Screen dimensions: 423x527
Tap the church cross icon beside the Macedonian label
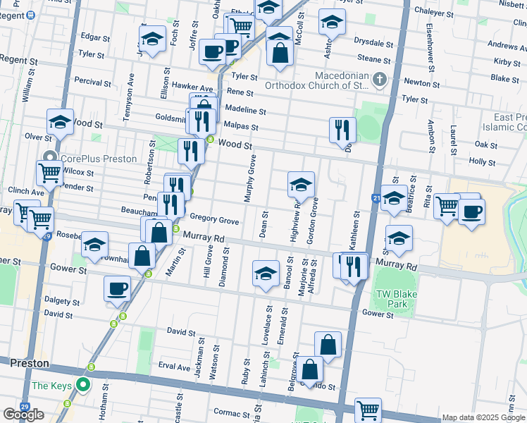pyautogui.click(x=380, y=79)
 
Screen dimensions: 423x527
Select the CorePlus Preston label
pyautogui.click(x=99, y=159)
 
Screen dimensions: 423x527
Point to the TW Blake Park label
pyautogui.click(x=392, y=300)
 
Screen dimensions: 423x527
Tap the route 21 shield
pyautogui.click(x=377, y=200)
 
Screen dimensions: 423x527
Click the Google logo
pyautogui.click(x=23, y=415)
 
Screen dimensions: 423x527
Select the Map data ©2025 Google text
pyautogui.click(x=483, y=417)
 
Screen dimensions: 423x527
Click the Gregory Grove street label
pyautogui.click(x=214, y=221)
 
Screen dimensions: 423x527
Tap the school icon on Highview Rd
pyautogui.click(x=301, y=185)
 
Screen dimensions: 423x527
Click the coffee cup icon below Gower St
pyautogui.click(x=117, y=288)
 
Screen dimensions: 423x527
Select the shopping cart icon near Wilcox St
pyautogui.click(x=49, y=172)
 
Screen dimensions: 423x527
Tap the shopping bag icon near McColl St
pyautogui.click(x=280, y=52)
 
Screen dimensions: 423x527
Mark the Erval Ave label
pyautogui.click(x=174, y=367)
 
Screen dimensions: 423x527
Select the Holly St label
pyautogui.click(x=482, y=161)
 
